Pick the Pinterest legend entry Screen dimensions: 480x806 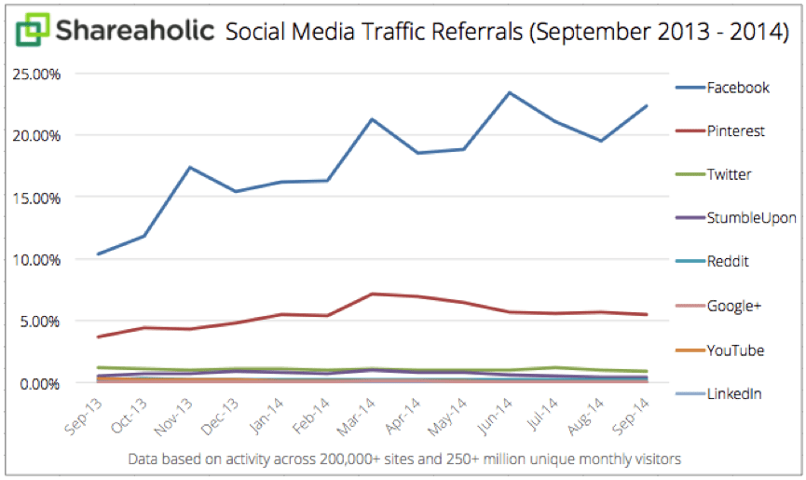click(x=736, y=131)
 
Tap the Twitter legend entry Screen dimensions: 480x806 click(x=729, y=174)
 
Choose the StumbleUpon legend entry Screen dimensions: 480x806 click(x=751, y=218)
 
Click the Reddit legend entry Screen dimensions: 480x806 click(x=728, y=262)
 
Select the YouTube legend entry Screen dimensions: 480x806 click(x=734, y=350)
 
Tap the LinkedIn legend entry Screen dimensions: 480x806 click(x=734, y=393)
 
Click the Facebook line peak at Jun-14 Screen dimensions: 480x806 click(x=510, y=92)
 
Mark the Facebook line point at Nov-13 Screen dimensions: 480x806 click(x=190, y=167)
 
